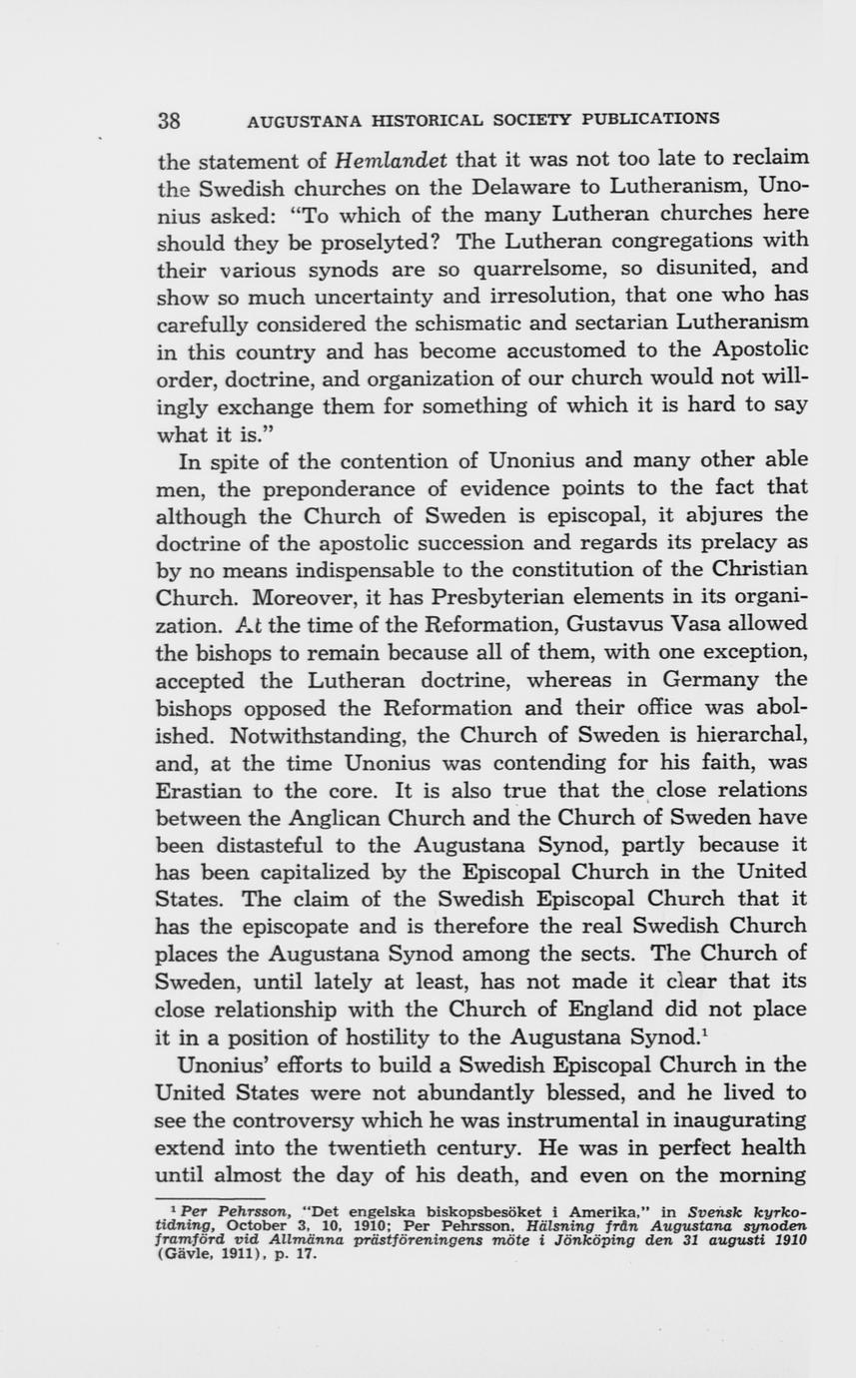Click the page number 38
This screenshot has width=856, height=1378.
[x=169, y=121]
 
